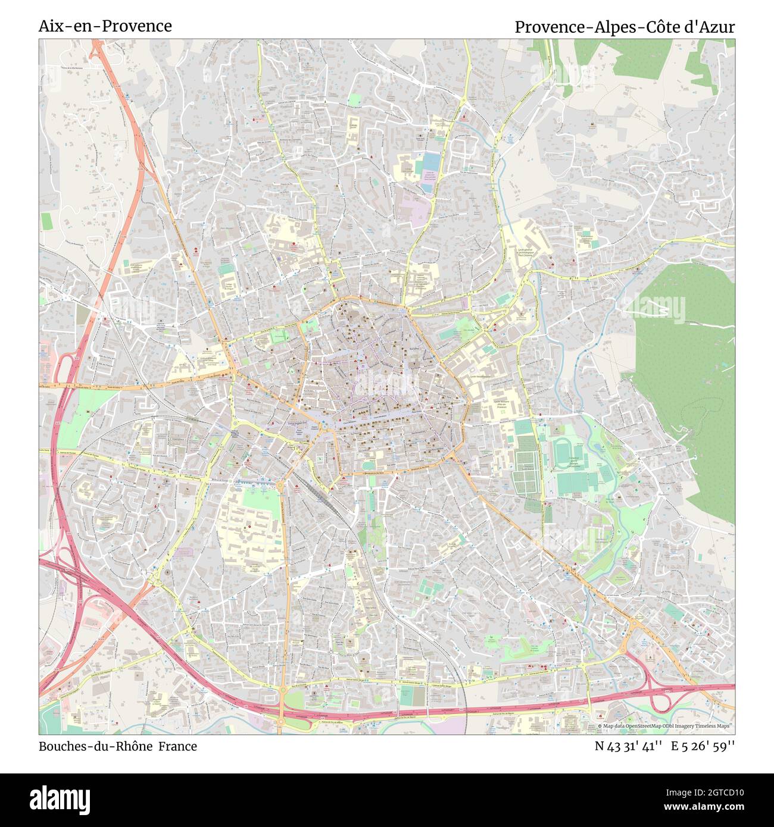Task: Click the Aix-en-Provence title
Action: (105, 26)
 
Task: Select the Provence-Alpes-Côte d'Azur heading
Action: (625, 27)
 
